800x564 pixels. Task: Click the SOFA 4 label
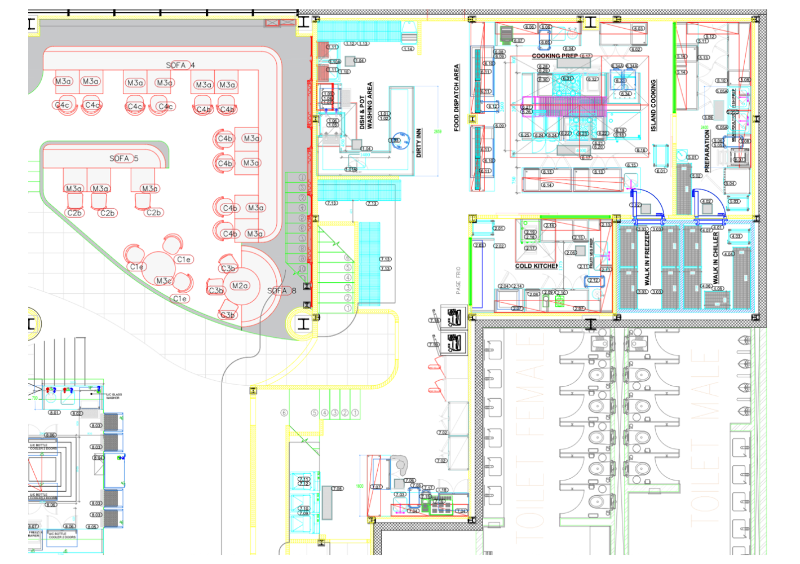click(180, 65)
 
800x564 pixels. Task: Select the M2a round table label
click(240, 286)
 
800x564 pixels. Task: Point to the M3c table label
click(164, 280)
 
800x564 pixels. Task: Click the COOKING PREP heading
click(555, 56)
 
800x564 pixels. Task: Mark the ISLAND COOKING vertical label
click(653, 105)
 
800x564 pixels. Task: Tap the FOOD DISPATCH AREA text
click(457, 98)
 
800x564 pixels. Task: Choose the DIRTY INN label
click(418, 143)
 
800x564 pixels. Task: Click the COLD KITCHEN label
click(536, 266)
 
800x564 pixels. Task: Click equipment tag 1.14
click(408, 49)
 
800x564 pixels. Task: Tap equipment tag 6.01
click(661, 171)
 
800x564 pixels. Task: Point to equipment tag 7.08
click(337, 488)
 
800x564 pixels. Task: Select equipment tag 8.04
click(98, 457)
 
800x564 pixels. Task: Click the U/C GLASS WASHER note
click(113, 396)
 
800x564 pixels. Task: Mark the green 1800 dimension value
click(359, 486)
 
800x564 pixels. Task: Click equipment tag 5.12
click(710, 37)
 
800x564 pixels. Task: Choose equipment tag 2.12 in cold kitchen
click(593, 280)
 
